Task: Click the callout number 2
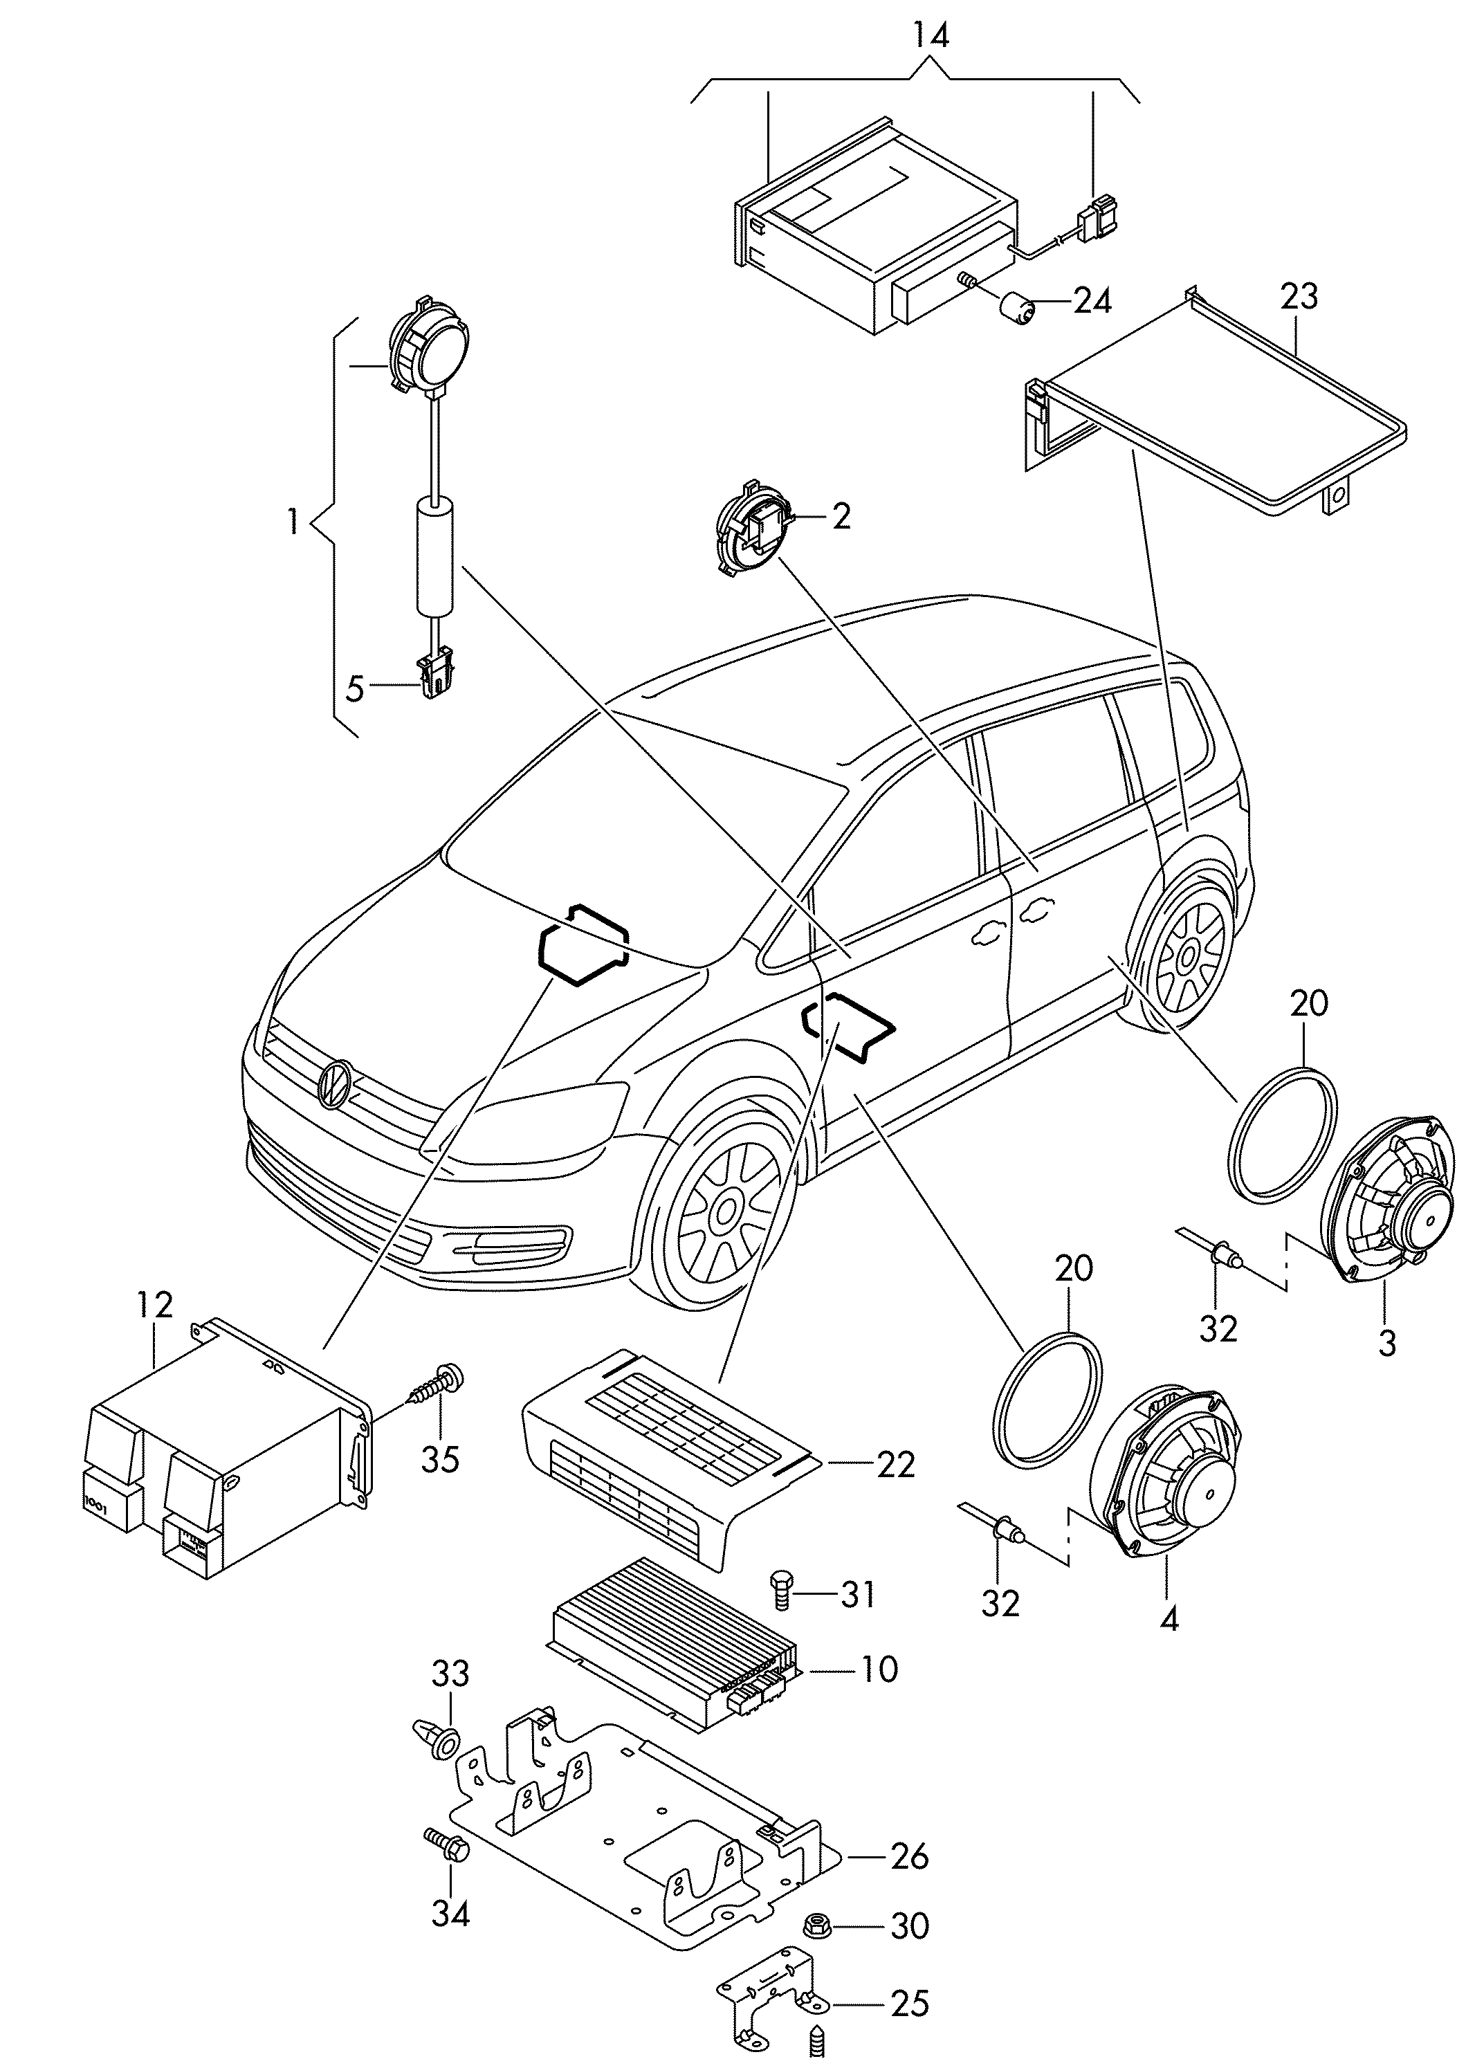tap(841, 517)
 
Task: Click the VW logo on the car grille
tap(333, 1083)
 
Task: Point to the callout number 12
tap(154, 1305)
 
